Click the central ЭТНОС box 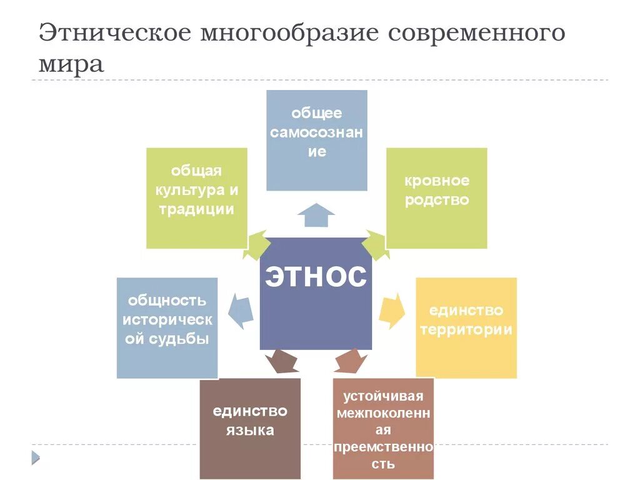[x=316, y=294]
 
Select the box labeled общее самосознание [x=317, y=140]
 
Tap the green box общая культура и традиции [x=196, y=198]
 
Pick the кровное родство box [x=436, y=198]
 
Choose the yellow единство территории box [x=466, y=327]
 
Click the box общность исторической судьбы [x=167, y=327]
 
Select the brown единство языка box [x=250, y=428]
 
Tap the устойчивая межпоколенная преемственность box [x=383, y=428]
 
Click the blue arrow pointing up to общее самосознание [x=316, y=215]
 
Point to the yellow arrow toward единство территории [x=391, y=309]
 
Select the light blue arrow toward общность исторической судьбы [x=241, y=309]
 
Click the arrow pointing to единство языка [x=281, y=362]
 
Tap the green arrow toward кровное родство [x=375, y=244]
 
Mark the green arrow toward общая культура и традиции [x=257, y=244]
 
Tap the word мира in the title [x=71, y=64]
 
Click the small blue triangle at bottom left [x=36, y=457]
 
